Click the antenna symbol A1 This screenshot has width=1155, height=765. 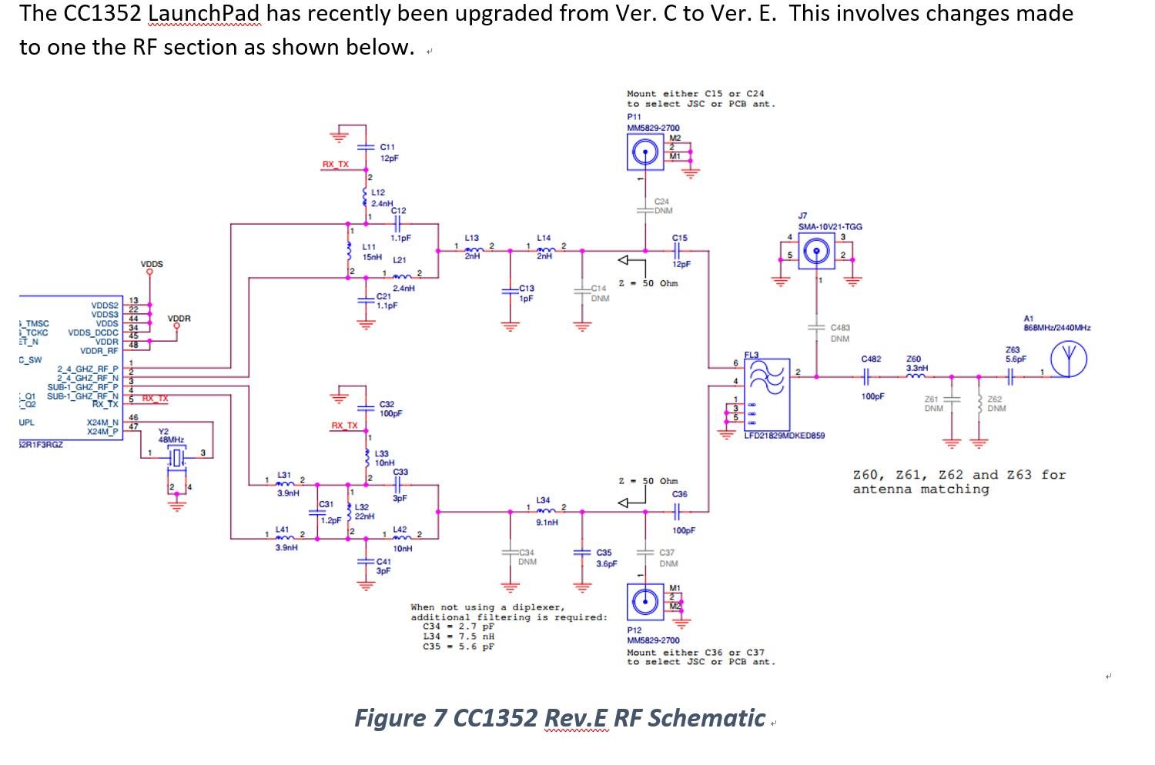click(1070, 360)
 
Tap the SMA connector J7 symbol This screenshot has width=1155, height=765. click(816, 250)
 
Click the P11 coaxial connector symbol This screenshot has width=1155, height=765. click(644, 153)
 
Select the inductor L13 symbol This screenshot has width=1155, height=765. click(473, 249)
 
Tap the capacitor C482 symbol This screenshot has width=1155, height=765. click(867, 377)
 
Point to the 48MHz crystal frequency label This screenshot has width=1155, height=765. click(171, 439)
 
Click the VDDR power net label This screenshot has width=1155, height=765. click(179, 319)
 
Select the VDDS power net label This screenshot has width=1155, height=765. click(152, 264)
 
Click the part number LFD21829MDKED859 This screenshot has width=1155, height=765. click(784, 436)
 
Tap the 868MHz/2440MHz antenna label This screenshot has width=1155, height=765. click(1056, 328)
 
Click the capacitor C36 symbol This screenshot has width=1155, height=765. click(678, 511)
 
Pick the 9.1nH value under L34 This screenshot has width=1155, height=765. click(547, 522)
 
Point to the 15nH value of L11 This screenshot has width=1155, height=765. click(372, 257)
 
